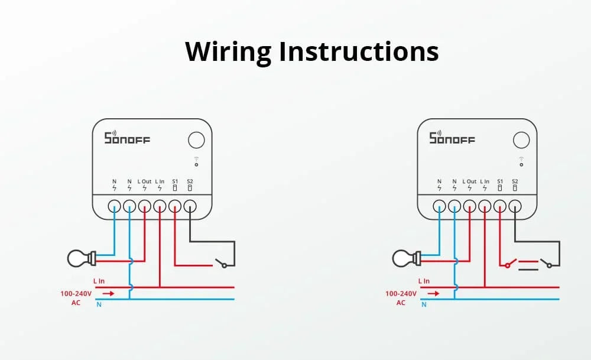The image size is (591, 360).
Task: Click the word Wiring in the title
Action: [228, 52]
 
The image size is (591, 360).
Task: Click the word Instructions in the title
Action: [359, 52]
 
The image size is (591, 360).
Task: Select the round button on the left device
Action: [196, 140]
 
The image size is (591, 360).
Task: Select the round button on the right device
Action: [521, 140]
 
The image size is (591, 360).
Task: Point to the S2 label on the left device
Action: [190, 181]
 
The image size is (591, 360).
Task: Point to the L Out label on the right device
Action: [469, 181]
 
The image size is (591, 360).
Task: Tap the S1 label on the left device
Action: [175, 181]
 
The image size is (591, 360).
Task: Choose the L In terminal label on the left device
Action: [160, 181]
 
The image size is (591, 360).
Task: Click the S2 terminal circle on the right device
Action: [515, 206]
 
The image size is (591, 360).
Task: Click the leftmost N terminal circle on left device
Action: [115, 206]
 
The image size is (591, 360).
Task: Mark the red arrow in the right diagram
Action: [433, 293]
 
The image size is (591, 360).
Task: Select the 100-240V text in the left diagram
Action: [76, 293]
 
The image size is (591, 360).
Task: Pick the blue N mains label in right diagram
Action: [424, 305]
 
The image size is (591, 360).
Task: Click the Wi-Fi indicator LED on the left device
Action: [196, 163]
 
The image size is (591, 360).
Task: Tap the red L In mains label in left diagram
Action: [99, 281]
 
